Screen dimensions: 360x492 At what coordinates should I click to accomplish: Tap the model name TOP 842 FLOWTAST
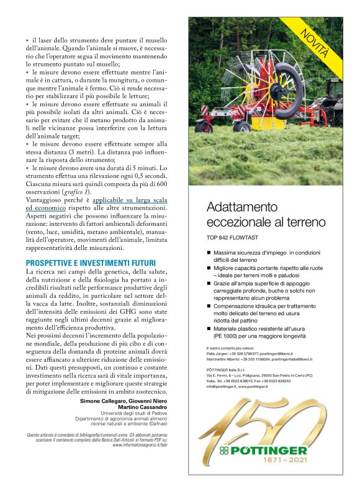tap(236, 238)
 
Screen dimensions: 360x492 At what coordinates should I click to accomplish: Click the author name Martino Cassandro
tap(142, 406)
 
